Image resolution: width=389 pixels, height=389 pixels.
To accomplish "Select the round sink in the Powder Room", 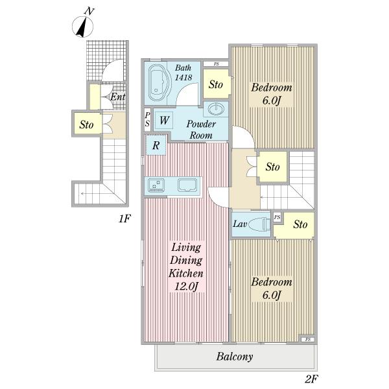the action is click(216, 109).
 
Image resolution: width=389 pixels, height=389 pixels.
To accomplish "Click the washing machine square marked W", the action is click(164, 121).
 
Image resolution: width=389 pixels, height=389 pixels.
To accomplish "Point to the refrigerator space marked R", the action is click(156, 145).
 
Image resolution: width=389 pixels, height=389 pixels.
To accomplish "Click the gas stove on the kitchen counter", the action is click(156, 185).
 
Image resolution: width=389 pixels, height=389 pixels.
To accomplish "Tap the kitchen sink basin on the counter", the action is click(187, 185).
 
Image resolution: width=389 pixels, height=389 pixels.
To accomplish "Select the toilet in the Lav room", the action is click(259, 224).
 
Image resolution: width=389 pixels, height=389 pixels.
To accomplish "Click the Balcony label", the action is click(235, 357).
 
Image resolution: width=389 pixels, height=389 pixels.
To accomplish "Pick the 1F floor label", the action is click(124, 219).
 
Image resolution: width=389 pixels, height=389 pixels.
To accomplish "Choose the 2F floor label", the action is click(312, 379).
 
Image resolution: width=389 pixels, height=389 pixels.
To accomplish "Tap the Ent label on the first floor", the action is click(117, 97).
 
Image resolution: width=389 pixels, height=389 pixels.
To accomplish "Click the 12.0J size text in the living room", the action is click(187, 287).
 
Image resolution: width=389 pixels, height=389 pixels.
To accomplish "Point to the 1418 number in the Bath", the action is click(183, 77).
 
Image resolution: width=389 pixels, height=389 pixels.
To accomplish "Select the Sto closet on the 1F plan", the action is click(87, 124).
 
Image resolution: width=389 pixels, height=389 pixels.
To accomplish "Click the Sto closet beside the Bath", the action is click(216, 84).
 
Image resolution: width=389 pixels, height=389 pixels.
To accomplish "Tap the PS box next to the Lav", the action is click(277, 217).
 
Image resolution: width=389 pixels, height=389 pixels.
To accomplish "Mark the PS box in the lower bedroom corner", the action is click(308, 339).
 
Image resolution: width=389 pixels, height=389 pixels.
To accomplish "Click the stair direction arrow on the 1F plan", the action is click(91, 193).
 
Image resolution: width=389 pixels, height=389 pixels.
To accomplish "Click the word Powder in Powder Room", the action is click(201, 124).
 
